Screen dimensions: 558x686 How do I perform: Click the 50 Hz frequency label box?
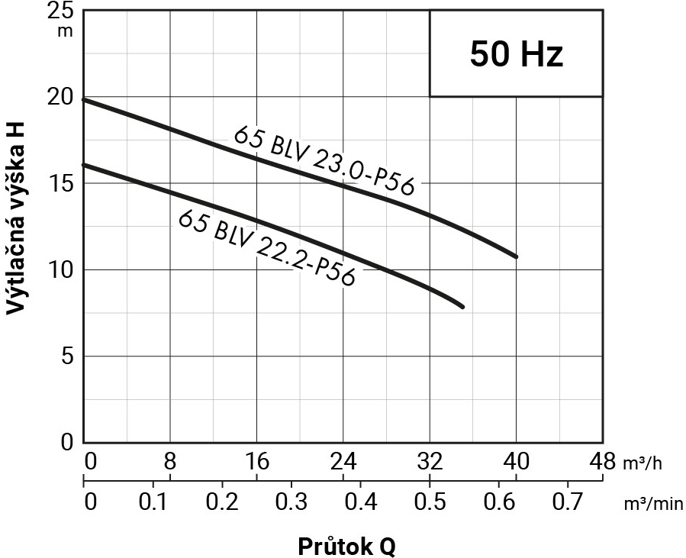point(516,53)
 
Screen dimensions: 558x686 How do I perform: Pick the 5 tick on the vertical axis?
point(66,356)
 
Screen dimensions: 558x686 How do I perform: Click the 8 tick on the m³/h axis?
point(169,462)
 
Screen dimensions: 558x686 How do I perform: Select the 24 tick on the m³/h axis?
point(343,462)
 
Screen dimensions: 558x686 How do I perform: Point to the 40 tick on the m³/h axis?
point(516,462)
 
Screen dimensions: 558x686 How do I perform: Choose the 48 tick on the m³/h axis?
point(602,462)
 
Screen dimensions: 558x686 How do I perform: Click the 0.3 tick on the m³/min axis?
point(290,504)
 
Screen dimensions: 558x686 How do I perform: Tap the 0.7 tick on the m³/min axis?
point(567,504)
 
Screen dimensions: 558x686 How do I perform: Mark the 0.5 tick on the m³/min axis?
point(429,504)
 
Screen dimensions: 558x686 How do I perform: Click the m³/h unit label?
point(643,463)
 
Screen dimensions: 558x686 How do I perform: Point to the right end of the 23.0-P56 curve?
point(516,256)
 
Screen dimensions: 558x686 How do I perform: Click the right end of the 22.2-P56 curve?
point(462,306)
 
